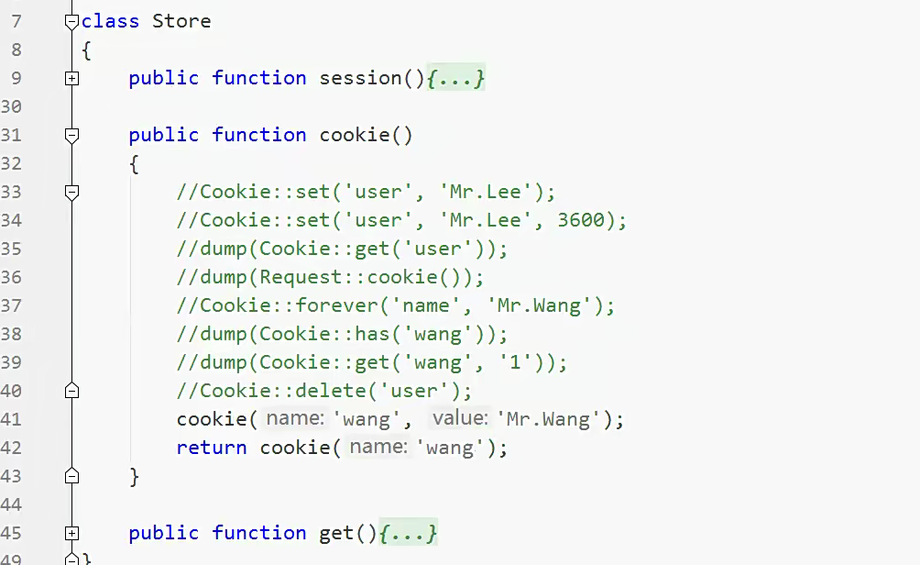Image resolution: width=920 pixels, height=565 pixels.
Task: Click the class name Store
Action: (181, 21)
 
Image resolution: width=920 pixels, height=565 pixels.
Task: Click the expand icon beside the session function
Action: (72, 79)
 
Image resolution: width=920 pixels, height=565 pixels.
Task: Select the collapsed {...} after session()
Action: (455, 79)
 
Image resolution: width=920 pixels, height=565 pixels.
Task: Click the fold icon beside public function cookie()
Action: (72, 135)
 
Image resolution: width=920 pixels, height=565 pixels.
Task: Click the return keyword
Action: (212, 448)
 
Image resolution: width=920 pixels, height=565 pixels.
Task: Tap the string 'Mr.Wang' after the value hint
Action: (551, 419)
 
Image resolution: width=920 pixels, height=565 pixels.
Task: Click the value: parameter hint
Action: (460, 419)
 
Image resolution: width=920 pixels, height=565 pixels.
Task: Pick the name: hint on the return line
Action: (378, 448)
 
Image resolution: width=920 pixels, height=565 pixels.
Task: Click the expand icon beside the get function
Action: (72, 533)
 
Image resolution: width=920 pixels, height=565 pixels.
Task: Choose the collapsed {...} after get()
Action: (408, 533)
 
